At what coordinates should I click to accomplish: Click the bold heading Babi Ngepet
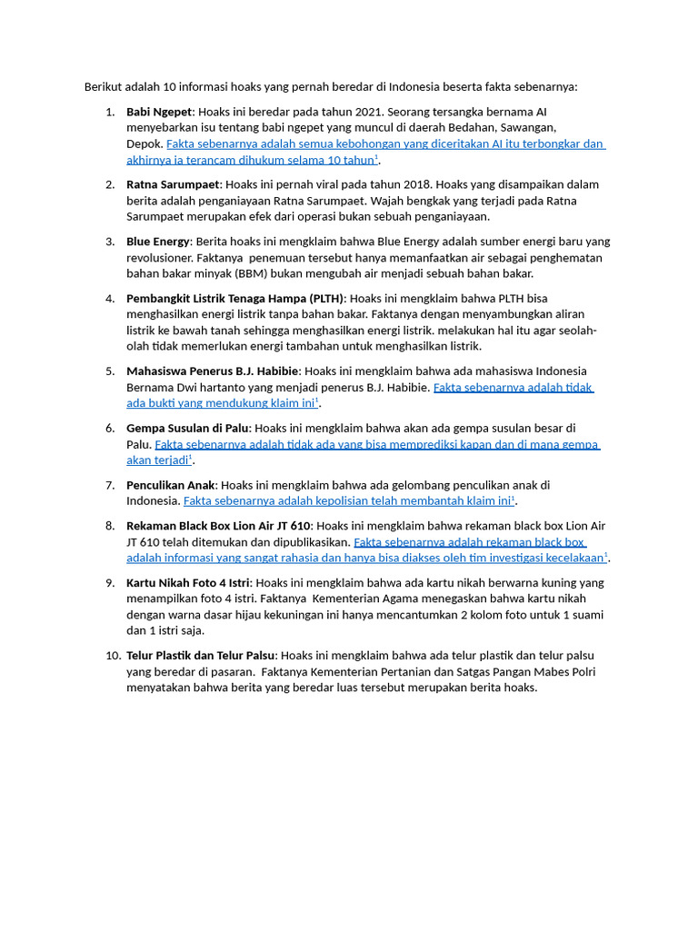pyautogui.click(x=159, y=112)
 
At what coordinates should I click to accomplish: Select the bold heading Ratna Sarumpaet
pyautogui.click(x=173, y=184)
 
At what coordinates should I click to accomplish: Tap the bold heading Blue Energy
pyautogui.click(x=158, y=242)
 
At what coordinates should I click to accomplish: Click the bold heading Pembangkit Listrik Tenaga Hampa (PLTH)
pyautogui.click(x=235, y=298)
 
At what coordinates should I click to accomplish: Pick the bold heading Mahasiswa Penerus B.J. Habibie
pyautogui.click(x=213, y=371)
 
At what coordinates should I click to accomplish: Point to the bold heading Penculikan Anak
pyautogui.click(x=171, y=485)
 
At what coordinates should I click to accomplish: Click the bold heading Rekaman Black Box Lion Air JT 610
pyautogui.click(x=218, y=526)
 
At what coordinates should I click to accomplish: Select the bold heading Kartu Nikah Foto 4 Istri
pyautogui.click(x=188, y=582)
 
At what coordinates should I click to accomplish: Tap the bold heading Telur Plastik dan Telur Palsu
pyautogui.click(x=201, y=655)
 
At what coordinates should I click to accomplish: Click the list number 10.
pyautogui.click(x=113, y=655)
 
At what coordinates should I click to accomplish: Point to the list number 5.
pyautogui.click(x=110, y=371)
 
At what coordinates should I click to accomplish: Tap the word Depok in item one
pyautogui.click(x=144, y=144)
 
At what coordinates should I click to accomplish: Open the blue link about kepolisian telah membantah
pyautogui.click(x=349, y=500)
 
